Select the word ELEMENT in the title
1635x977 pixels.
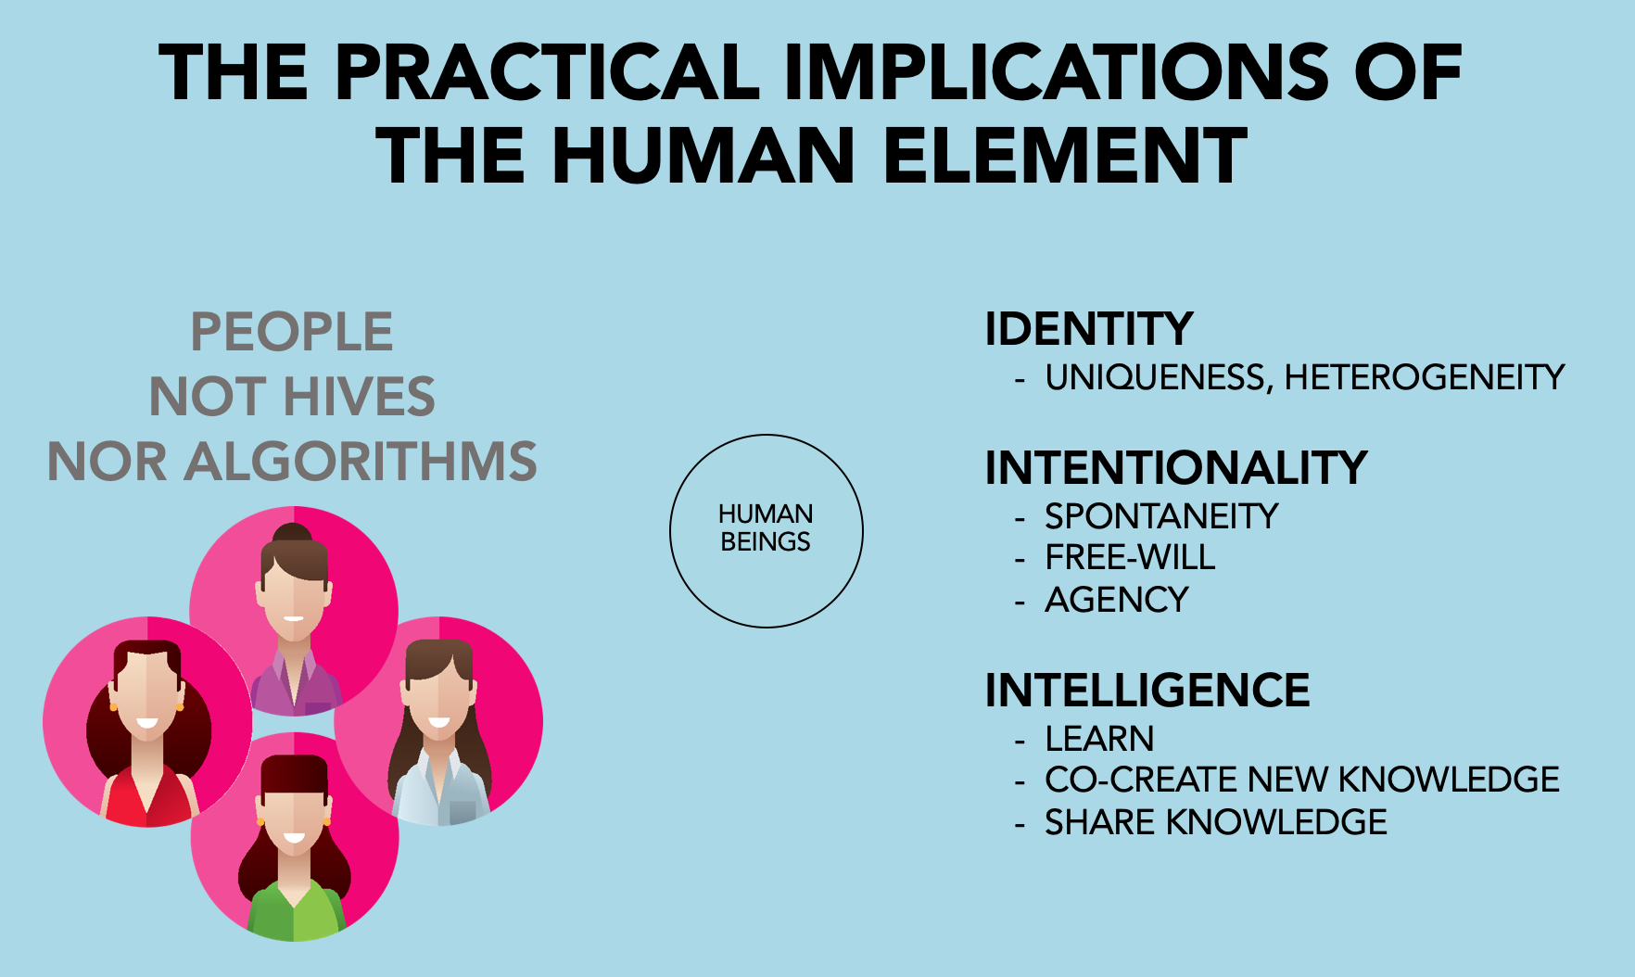coord(1066,155)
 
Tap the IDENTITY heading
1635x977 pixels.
coord(1089,329)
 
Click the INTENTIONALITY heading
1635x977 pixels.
coord(1176,467)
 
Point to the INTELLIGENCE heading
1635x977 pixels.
coord(1147,691)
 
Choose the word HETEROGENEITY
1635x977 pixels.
coord(1425,377)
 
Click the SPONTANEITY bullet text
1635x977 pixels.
coord(1161,516)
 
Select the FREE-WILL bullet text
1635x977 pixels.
coord(1130,557)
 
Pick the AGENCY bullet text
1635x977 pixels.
coord(1117,600)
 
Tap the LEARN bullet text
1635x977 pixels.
coord(1099,739)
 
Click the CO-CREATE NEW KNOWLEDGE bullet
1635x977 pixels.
coord(1302,780)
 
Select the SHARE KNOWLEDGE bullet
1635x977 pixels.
coord(1216,822)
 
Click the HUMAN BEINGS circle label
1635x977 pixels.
coord(766,527)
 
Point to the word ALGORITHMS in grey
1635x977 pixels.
coord(361,462)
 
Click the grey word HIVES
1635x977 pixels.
coord(359,397)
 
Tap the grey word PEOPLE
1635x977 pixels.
coord(292,332)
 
